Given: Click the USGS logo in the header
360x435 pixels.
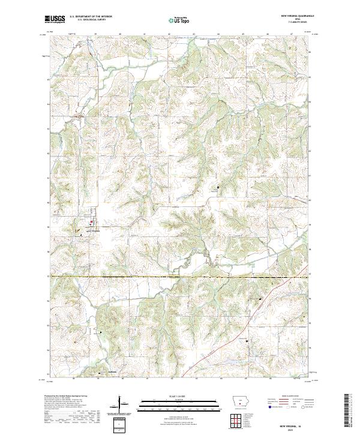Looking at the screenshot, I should (x=55, y=20).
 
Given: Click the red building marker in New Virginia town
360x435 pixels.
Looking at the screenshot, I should (x=91, y=224).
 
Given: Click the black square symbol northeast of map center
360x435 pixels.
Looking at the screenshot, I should (x=218, y=187).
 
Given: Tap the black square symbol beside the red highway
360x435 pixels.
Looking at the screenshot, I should (x=260, y=298).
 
